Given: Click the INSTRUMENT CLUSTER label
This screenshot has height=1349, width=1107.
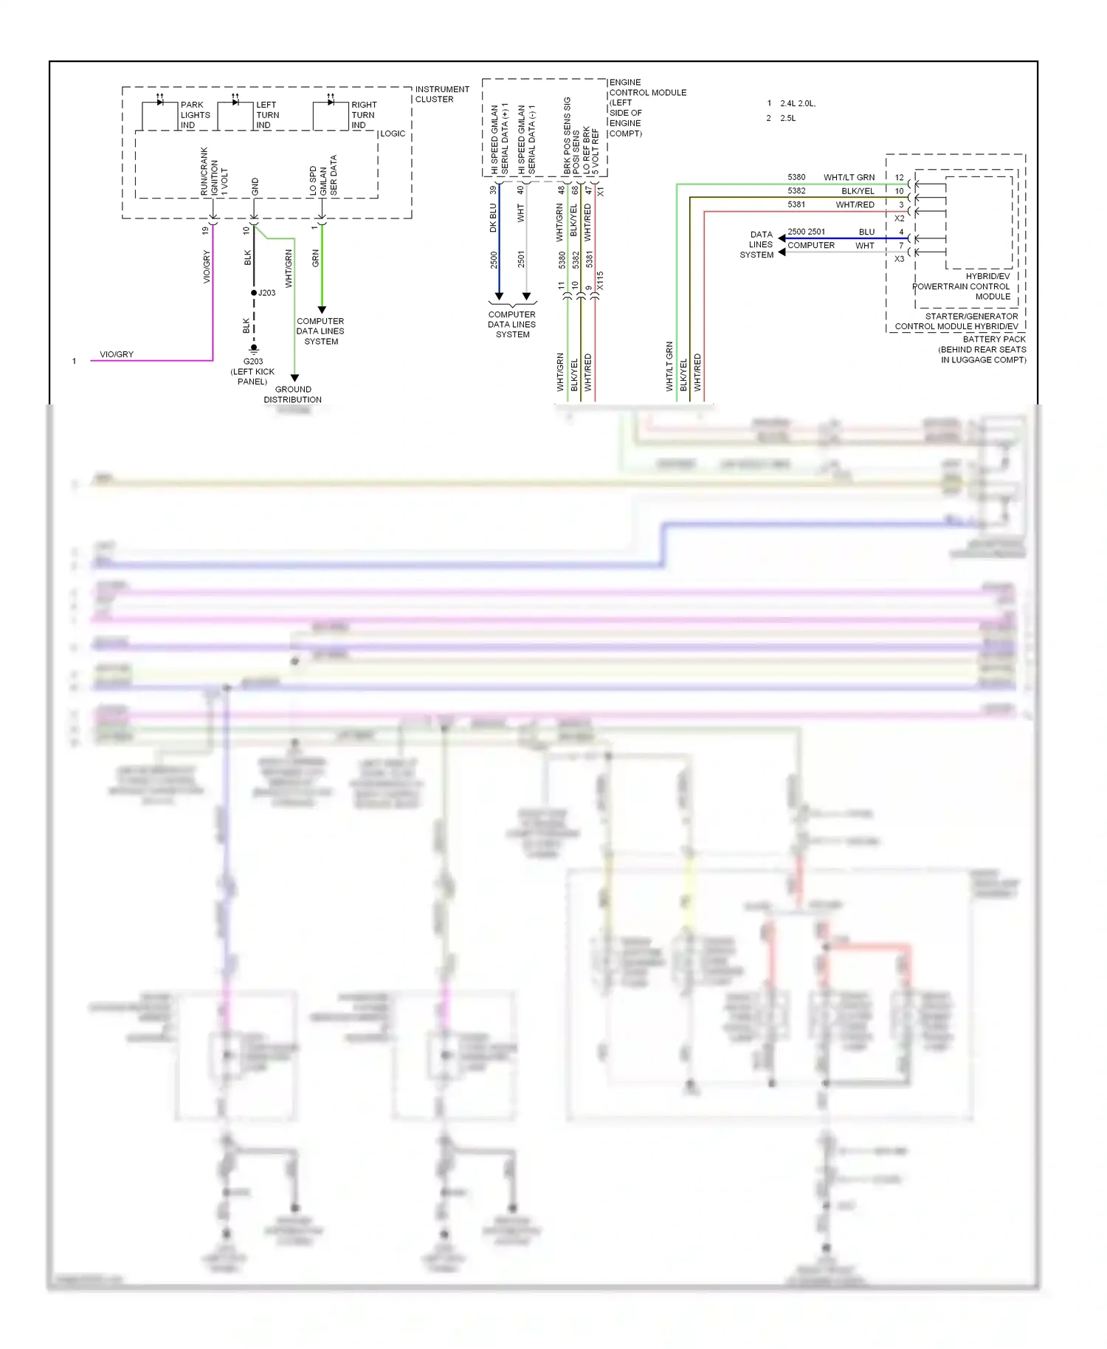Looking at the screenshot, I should [441, 94].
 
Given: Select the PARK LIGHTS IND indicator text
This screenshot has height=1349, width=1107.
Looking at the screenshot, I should [195, 115].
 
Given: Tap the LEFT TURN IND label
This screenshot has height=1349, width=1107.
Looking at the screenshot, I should [267, 115].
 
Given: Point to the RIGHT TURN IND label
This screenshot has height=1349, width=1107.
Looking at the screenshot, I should [363, 115].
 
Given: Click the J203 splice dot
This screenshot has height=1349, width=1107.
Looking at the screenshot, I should [254, 293].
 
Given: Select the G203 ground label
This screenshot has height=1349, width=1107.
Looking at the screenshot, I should [253, 362].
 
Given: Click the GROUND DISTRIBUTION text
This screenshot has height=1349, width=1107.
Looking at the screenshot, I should [293, 394].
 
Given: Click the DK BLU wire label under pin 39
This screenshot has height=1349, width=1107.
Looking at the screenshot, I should [493, 218].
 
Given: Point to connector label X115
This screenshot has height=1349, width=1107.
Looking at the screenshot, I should [600, 281].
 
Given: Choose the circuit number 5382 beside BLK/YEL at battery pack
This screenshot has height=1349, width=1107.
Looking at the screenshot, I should [796, 190].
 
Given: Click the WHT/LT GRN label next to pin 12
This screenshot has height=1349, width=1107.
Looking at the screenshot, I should [849, 177].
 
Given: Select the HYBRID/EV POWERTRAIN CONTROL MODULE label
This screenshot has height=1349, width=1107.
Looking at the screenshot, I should [962, 286].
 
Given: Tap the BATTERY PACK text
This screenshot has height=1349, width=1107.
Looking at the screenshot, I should [993, 339].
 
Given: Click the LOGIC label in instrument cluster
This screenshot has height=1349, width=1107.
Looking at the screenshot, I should [393, 134].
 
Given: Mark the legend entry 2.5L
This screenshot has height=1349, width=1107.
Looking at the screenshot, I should [787, 118].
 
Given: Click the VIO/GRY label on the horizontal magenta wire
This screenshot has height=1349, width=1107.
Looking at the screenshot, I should [117, 354].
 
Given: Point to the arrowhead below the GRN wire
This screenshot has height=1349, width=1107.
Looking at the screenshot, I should [322, 310].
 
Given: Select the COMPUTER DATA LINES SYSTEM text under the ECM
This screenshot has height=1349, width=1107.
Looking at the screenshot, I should [512, 324].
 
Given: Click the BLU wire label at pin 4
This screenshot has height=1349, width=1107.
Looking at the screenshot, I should [866, 232].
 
